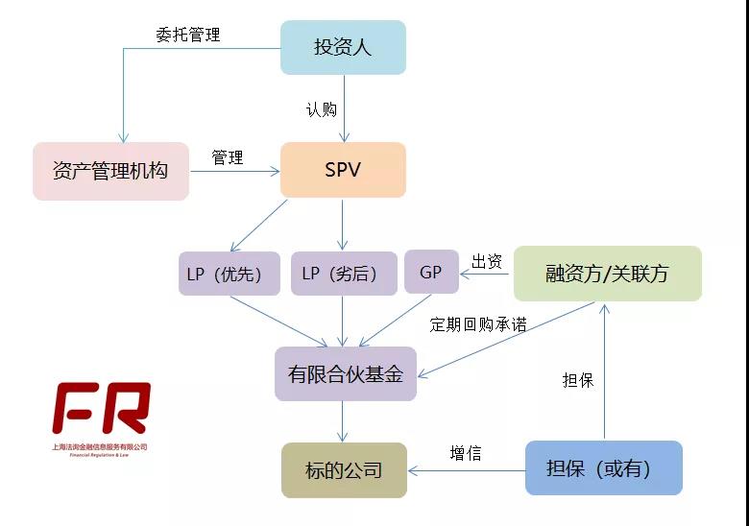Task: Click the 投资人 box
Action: tap(343, 47)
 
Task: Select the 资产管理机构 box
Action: tap(110, 171)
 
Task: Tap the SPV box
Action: tap(343, 170)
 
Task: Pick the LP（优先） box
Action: tap(230, 274)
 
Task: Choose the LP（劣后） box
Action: tap(344, 274)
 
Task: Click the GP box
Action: tap(431, 273)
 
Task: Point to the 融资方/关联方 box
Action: tap(607, 274)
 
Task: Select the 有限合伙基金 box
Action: tap(346, 373)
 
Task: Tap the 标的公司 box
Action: tap(344, 470)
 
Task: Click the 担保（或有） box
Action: tap(603, 467)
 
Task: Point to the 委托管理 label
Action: tap(188, 35)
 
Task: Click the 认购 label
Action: tap(321, 109)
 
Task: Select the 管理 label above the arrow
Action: tap(228, 157)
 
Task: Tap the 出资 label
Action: tap(487, 261)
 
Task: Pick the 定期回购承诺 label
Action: tap(478, 324)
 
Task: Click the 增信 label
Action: tap(466, 453)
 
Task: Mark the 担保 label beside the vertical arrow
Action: tap(578, 380)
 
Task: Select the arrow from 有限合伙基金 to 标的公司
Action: tap(343, 421)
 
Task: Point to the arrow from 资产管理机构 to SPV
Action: tap(234, 172)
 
